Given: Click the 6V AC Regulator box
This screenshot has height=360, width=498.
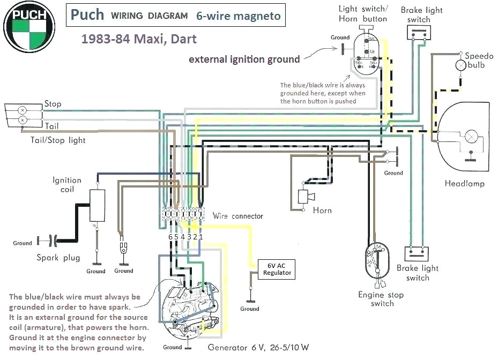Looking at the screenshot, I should tap(277, 269).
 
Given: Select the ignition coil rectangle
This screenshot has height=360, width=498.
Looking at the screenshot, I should tap(96, 205).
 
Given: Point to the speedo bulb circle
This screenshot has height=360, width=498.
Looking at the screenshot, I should tap(460, 65).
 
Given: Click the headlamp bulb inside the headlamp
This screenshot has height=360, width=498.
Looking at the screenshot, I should tap(471, 137).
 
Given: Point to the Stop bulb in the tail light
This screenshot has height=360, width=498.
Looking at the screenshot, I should tap(23, 109).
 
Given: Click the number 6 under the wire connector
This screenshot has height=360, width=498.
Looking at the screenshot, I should tap(170, 237).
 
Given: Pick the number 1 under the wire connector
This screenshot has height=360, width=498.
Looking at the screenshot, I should tap(202, 237).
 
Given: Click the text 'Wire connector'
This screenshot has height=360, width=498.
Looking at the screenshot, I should tap(238, 216).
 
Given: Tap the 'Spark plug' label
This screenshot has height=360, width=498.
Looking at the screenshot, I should tap(58, 258).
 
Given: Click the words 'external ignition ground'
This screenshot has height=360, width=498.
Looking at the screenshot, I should tap(244, 59).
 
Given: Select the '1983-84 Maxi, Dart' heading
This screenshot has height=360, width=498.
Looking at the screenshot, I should tap(139, 39).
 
